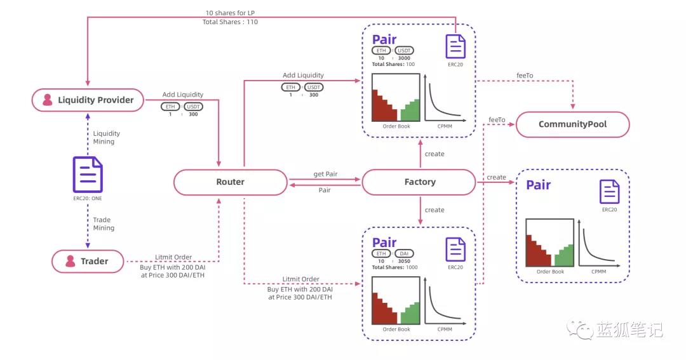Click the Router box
point(230,182)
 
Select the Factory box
point(419,182)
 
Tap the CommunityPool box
point(572,124)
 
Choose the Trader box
point(88,261)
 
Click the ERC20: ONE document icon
point(88,174)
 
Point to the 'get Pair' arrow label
point(325,174)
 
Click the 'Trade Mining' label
point(104,223)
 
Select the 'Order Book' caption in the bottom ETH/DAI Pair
point(396,330)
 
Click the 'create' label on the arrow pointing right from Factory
point(496,177)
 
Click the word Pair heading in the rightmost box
point(538,185)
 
